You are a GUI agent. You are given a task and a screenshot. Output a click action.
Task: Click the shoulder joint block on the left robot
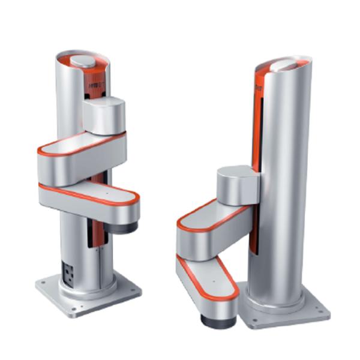103,116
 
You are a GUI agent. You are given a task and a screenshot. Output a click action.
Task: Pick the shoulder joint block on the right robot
238,184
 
